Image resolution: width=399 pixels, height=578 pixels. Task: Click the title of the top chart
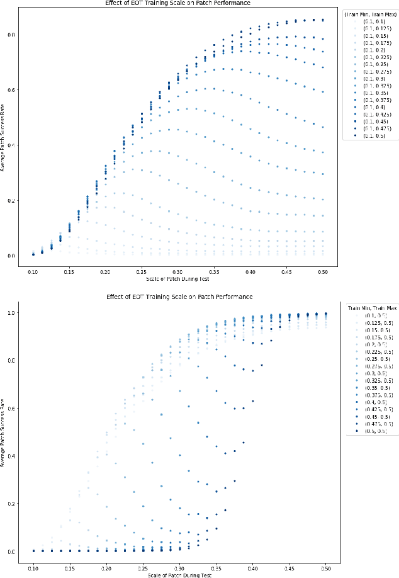tap(179, 3)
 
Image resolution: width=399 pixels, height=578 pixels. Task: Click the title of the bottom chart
tap(179, 296)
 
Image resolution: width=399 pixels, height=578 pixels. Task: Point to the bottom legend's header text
tap(373, 307)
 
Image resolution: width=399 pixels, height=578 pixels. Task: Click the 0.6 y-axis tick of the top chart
tap(9, 89)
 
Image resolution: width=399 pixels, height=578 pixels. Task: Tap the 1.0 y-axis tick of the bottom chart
tap(9, 313)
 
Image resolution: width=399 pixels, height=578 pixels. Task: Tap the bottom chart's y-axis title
tap(3, 432)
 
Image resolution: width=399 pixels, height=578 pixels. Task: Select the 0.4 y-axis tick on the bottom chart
tap(9, 456)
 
